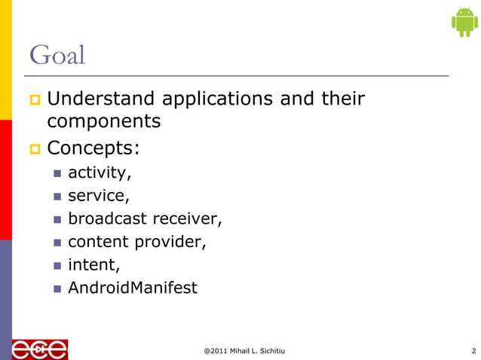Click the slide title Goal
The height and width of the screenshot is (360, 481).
[x=57, y=56]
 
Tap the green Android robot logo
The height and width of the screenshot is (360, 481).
[x=464, y=21]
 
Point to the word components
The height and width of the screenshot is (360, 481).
[x=103, y=121]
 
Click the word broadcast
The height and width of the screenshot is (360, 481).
[x=107, y=218]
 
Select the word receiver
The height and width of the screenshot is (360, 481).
[x=188, y=218]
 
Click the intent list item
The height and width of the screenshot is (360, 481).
[x=93, y=264]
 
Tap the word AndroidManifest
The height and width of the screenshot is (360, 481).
[x=133, y=287]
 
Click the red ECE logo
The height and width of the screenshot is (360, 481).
[x=39, y=349]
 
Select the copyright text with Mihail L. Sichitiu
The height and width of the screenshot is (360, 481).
[x=244, y=350]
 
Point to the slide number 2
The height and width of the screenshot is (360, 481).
[x=473, y=350]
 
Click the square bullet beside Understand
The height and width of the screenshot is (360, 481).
[x=34, y=99]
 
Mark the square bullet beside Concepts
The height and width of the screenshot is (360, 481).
[x=34, y=147]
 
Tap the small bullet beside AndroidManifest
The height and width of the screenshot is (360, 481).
[x=57, y=288]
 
